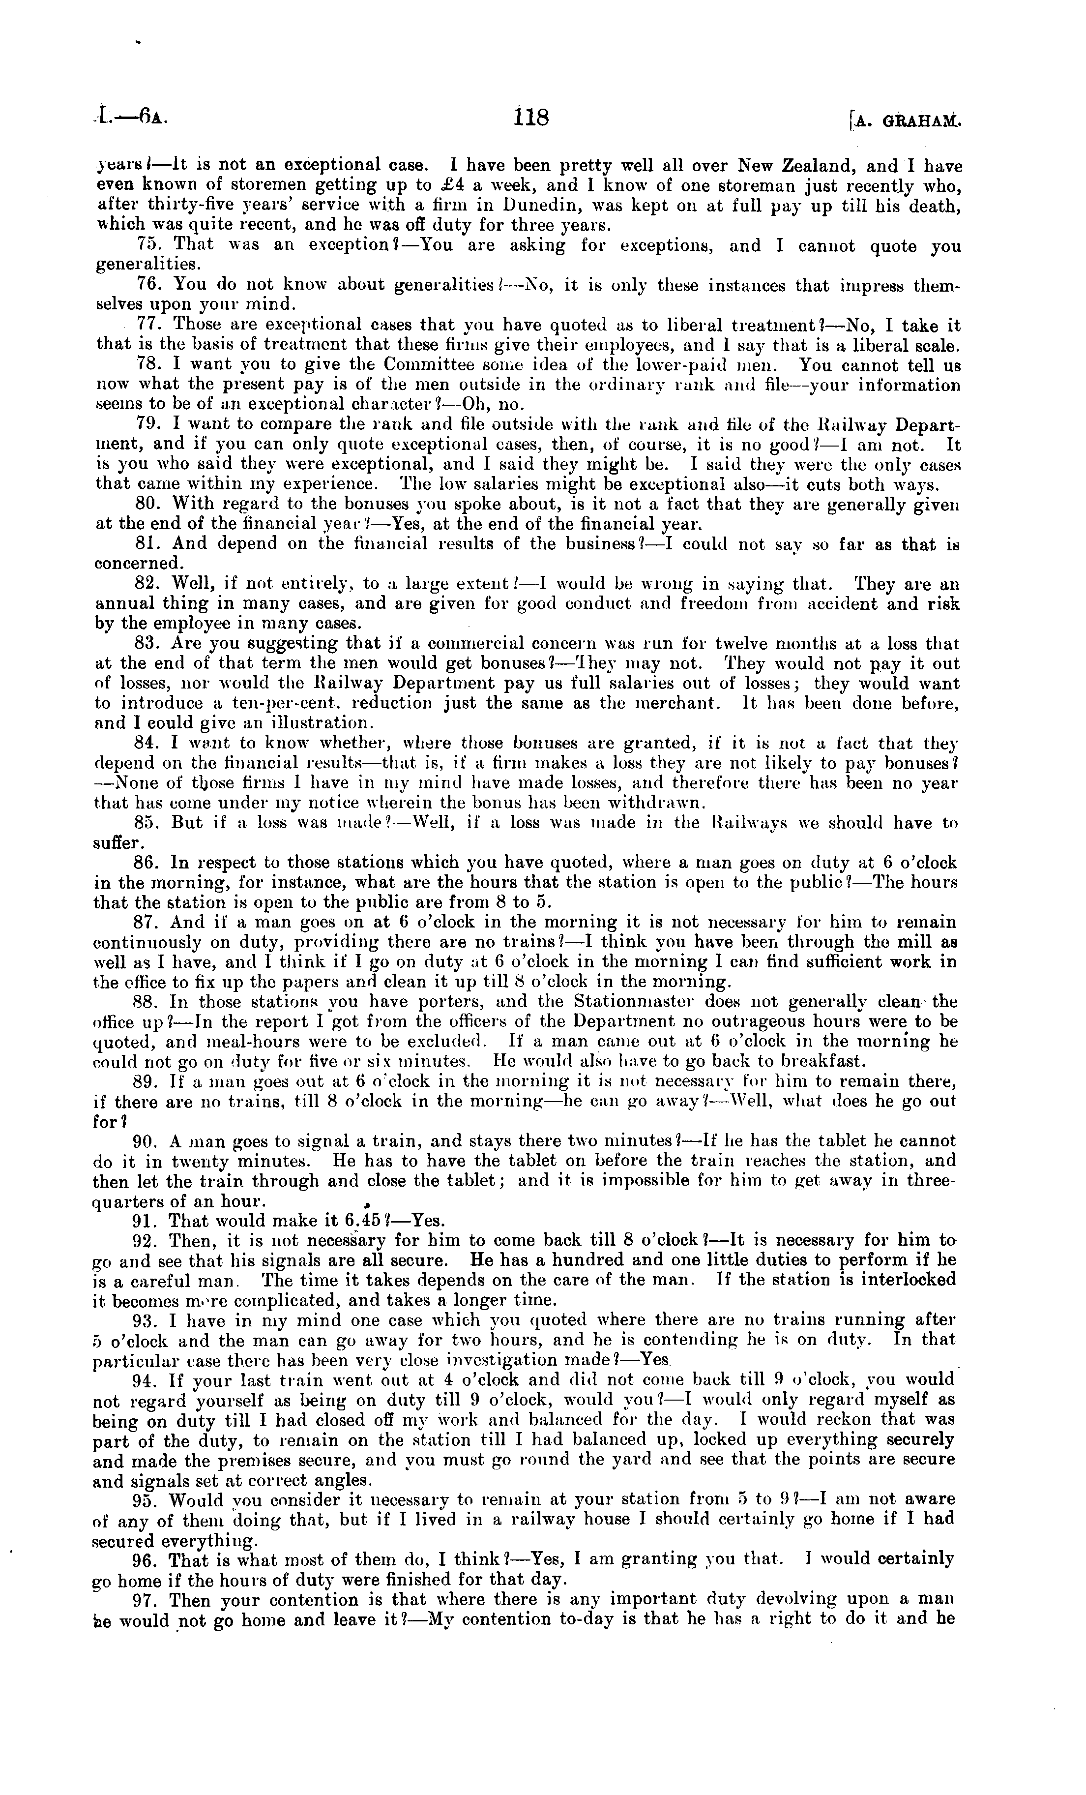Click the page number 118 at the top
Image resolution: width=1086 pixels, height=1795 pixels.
coord(530,117)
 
